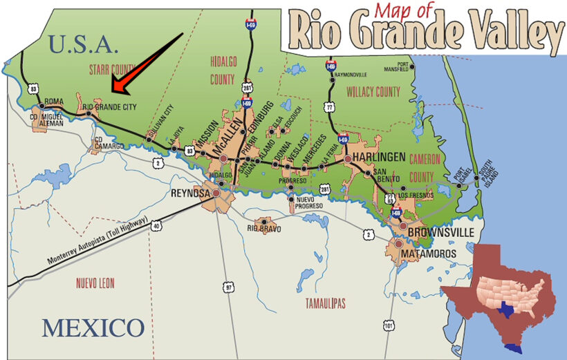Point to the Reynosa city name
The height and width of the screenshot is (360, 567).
click(190, 194)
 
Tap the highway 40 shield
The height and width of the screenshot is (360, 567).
click(156, 225)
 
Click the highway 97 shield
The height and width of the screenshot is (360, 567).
click(229, 285)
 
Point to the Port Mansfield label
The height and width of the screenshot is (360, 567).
click(421, 68)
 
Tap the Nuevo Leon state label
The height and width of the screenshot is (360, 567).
click(95, 283)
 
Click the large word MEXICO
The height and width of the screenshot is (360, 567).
click(93, 328)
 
